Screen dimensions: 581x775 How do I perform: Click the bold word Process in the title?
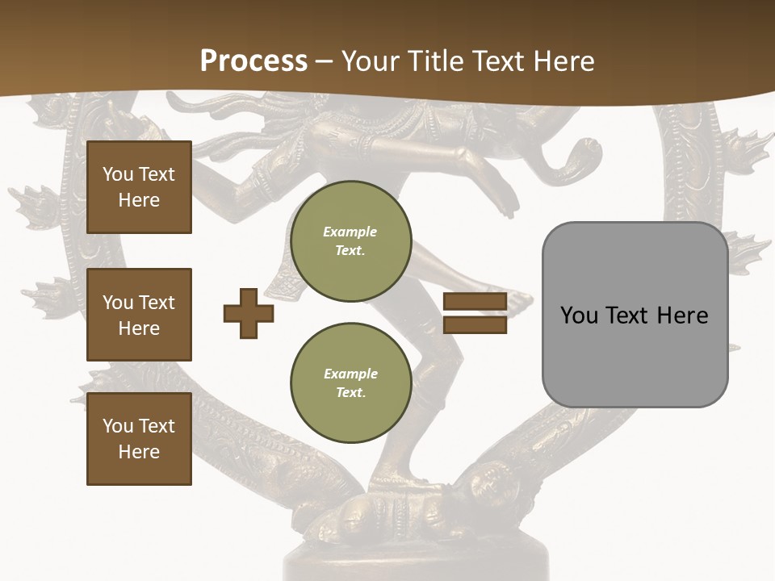[x=253, y=61]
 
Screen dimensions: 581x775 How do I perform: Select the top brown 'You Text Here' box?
[x=139, y=187]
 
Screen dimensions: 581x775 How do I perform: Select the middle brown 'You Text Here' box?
[x=139, y=315]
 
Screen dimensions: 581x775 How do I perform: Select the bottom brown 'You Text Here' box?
[x=139, y=439]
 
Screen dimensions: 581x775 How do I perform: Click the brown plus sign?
[x=249, y=313]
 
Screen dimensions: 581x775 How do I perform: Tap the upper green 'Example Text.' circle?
[x=350, y=240]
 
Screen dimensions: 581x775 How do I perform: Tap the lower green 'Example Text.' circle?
[x=350, y=382]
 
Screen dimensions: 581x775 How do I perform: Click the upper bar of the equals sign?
[x=475, y=302]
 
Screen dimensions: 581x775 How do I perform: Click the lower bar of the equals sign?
[x=475, y=324]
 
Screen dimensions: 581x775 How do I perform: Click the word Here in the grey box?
[x=683, y=316]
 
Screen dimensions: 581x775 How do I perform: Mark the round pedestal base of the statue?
[x=416, y=561]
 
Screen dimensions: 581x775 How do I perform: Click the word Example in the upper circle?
[x=350, y=232]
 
